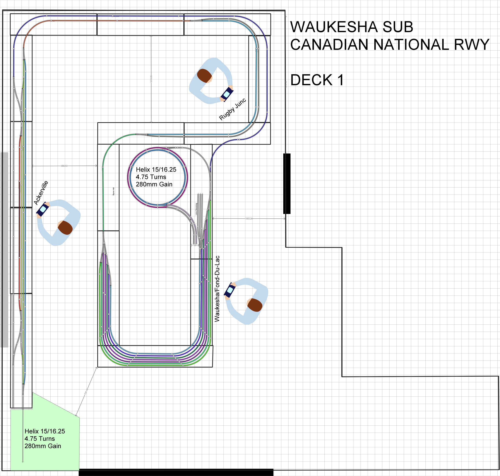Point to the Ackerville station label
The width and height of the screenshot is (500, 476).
[x=41, y=193]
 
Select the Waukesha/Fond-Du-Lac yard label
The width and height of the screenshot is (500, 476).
[x=217, y=289]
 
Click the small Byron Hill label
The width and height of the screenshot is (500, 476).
[x=113, y=191]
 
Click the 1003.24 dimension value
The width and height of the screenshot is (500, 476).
[x=249, y=218]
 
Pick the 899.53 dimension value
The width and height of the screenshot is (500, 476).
[x=64, y=166]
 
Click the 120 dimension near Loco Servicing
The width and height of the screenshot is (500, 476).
[x=195, y=245]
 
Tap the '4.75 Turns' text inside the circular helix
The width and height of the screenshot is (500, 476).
[x=151, y=177]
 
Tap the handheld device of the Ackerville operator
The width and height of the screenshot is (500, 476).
[x=43, y=209]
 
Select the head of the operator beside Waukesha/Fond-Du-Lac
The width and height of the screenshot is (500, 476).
[x=254, y=305]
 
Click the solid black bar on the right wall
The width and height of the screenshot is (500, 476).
[x=287, y=183]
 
